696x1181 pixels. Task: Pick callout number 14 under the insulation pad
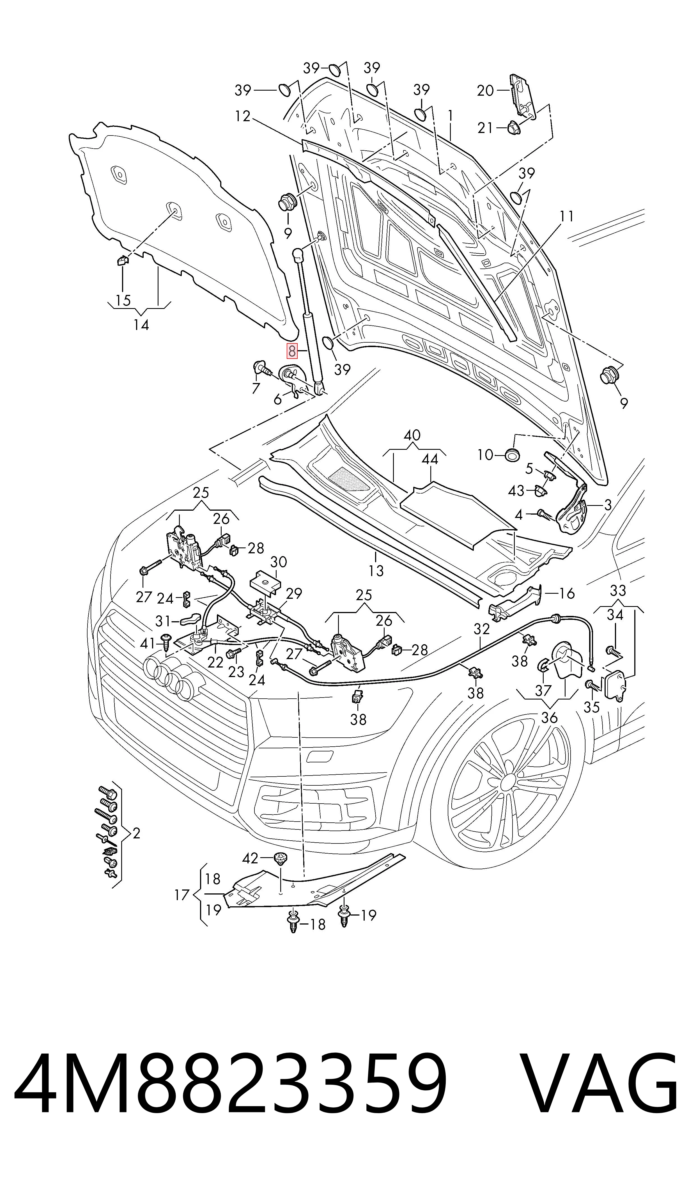(141, 325)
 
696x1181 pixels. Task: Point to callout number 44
(429, 459)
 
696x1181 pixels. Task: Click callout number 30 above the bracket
(279, 562)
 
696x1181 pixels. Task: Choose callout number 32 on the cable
(482, 629)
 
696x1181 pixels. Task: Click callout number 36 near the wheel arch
(549, 717)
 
